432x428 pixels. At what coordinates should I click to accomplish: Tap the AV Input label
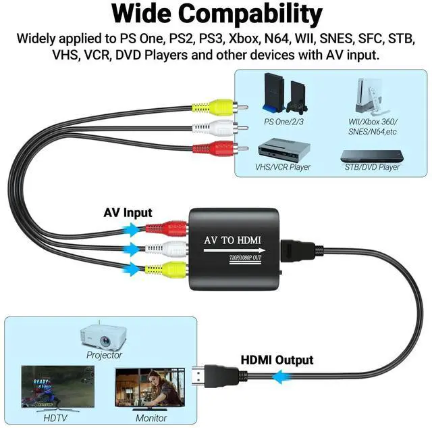[128, 212]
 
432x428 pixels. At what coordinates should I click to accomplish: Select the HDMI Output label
[277, 360]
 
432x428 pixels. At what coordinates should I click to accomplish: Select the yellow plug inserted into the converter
[171, 268]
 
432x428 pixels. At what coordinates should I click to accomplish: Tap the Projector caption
[104, 354]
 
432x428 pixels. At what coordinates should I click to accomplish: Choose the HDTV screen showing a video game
[57, 387]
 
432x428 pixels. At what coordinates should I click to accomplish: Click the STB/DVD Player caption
[372, 167]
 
